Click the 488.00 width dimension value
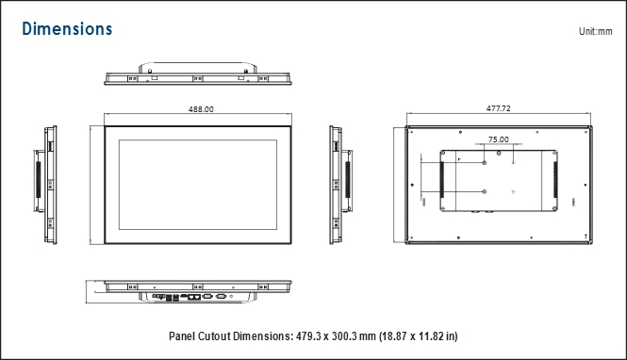click(201, 109)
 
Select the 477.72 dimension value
click(498, 108)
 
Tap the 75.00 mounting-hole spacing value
click(499, 139)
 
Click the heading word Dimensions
click(67, 29)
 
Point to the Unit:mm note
click(595, 31)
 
